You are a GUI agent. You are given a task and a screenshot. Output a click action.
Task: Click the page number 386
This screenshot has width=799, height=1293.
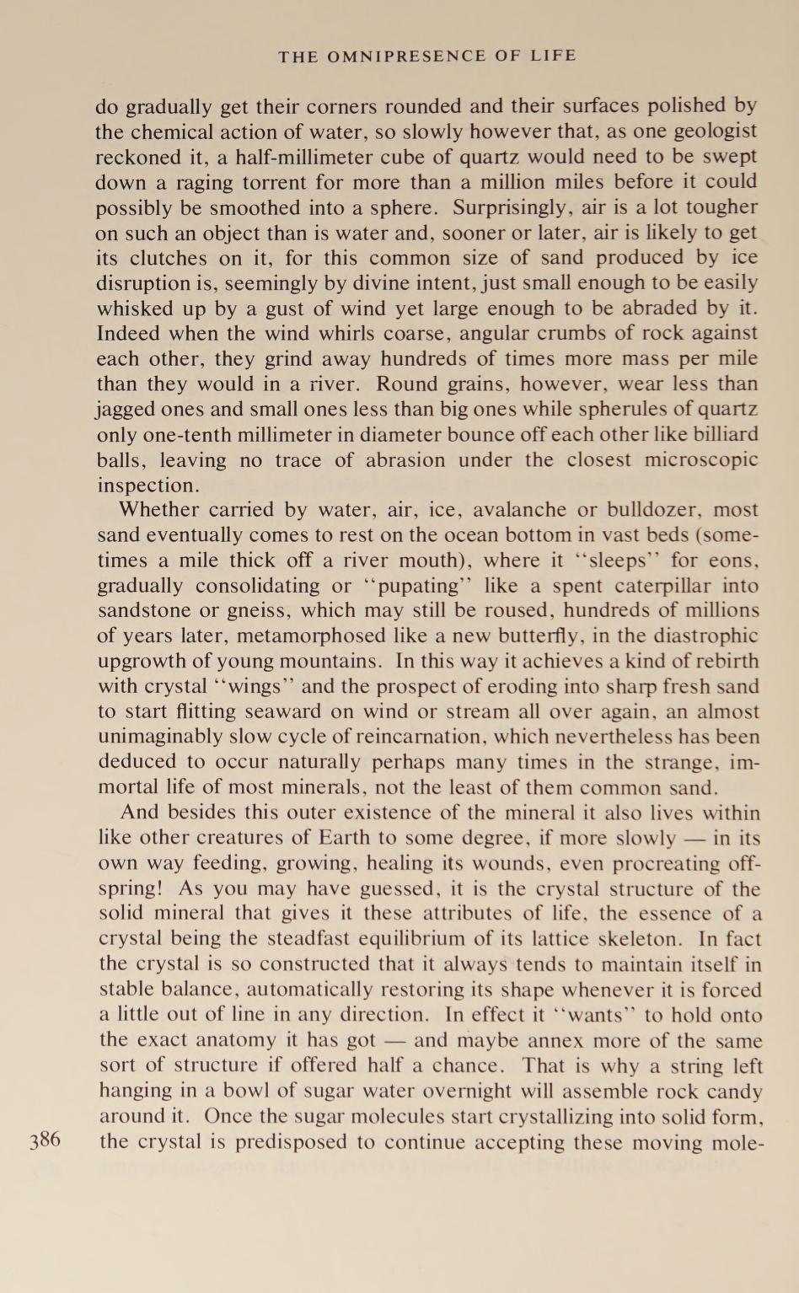pos(45,1141)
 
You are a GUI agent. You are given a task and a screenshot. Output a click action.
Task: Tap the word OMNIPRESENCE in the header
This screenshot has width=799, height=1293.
pos(405,56)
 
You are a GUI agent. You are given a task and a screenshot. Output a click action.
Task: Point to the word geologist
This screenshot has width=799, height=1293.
pos(714,131)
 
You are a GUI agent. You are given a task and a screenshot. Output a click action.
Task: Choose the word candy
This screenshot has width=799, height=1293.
pos(732,1092)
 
